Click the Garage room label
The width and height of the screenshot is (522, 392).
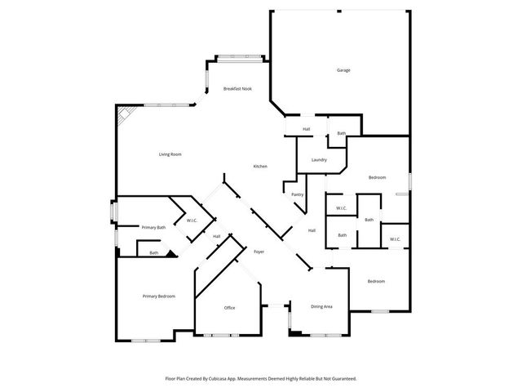(x=343, y=70)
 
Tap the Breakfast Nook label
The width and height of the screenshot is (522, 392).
(x=237, y=88)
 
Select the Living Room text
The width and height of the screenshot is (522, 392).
(x=170, y=154)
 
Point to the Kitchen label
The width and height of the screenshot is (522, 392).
(x=260, y=167)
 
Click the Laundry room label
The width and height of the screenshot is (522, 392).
(x=318, y=160)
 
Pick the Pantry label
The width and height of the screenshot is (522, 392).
(x=298, y=194)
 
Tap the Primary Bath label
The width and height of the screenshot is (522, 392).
(x=153, y=227)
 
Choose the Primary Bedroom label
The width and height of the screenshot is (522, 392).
(x=159, y=296)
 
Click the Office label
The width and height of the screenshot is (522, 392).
(x=230, y=307)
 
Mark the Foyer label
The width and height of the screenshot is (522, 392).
(x=259, y=252)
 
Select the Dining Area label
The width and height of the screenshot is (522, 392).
(x=321, y=306)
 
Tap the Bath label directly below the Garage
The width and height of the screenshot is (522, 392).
(x=342, y=133)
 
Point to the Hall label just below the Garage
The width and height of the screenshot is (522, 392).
(x=306, y=129)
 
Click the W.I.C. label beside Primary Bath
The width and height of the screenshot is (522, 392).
(x=192, y=220)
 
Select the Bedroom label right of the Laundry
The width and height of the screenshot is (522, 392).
(x=376, y=177)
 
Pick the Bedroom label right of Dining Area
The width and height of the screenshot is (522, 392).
(x=375, y=282)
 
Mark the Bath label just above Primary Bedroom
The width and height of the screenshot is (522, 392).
(x=153, y=253)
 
